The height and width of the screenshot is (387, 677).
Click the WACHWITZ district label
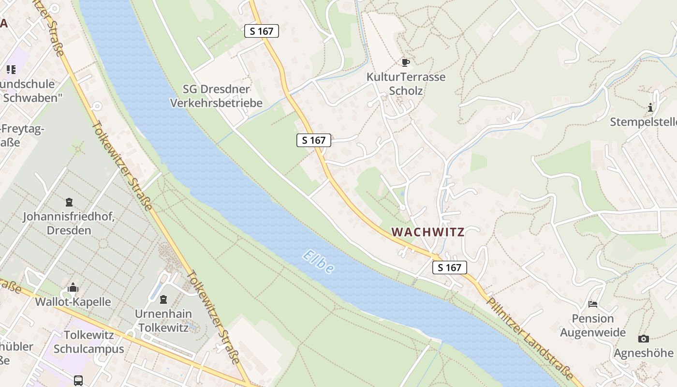(428, 232)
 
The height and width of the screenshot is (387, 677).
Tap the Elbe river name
(319, 262)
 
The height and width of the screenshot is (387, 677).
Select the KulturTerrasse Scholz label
(406, 84)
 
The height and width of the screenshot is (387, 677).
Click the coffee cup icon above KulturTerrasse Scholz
(406, 62)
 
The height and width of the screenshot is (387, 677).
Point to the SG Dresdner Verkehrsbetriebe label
(223, 96)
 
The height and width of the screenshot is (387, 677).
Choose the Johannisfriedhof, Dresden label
(69, 223)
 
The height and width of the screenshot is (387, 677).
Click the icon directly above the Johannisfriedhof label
(69, 202)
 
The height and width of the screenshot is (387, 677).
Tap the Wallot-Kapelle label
(73, 302)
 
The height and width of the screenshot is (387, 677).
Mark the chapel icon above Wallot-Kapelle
(73, 288)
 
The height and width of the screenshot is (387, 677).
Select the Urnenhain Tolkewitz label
(163, 320)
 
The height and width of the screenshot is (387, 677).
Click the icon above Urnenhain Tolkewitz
(163, 299)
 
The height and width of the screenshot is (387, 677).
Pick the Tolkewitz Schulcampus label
(89, 342)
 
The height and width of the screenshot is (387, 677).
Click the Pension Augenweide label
(593, 325)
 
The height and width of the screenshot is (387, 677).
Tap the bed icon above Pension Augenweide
(593, 304)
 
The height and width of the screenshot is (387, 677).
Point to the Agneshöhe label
(643, 353)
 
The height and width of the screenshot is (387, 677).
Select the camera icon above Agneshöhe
(643, 339)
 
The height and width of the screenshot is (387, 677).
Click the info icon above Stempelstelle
(650, 107)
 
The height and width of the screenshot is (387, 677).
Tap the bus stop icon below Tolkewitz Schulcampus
(78, 380)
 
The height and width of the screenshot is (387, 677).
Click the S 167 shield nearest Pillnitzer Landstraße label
(450, 268)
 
